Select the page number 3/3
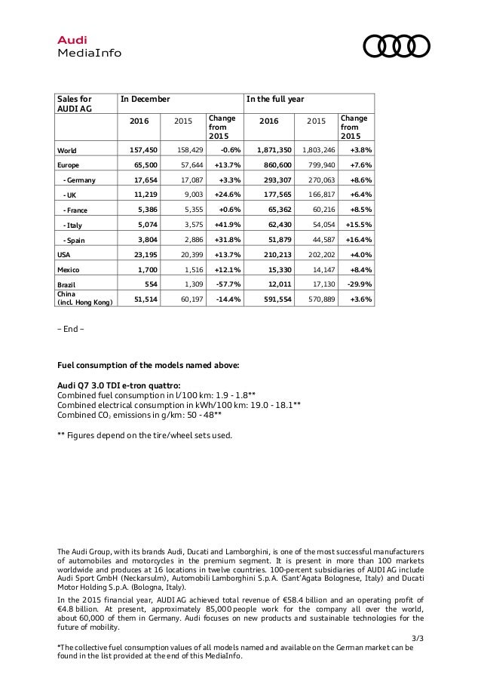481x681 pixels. [x=418, y=639]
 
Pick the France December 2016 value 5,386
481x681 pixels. [x=143, y=210]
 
